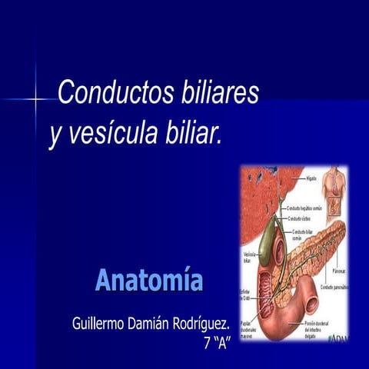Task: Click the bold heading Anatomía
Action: coord(149,280)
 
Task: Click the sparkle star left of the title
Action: coord(35,99)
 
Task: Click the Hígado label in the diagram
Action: coord(311,178)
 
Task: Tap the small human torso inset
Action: coord(333,191)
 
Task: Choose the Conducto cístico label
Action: coord(300,218)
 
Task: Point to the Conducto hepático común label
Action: coord(303,208)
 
